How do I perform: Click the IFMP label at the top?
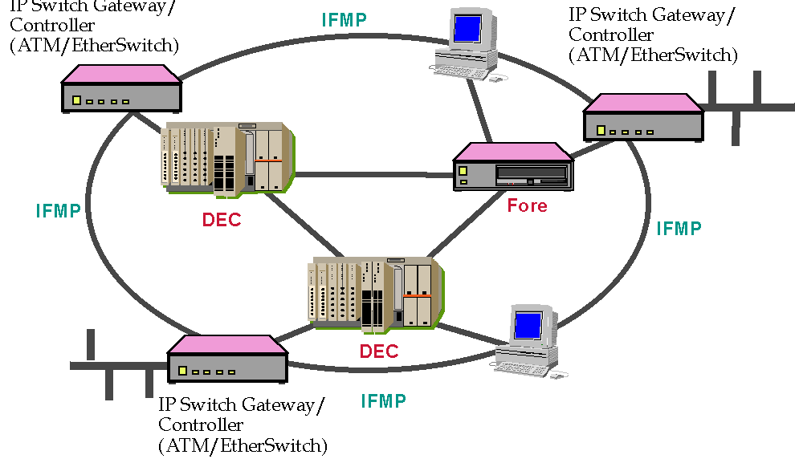tap(344, 20)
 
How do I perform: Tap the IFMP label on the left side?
tap(58, 211)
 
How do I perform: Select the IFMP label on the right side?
tap(679, 228)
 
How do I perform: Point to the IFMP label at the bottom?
tap(383, 400)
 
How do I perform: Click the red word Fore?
tap(527, 206)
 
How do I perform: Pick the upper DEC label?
tap(222, 220)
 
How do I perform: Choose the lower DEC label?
tap(379, 351)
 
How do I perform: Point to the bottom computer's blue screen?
tap(528, 325)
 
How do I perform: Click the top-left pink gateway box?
tap(121, 88)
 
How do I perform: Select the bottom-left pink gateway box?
tap(227, 359)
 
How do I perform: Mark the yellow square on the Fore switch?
tap(463, 171)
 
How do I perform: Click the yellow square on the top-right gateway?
tap(601, 130)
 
